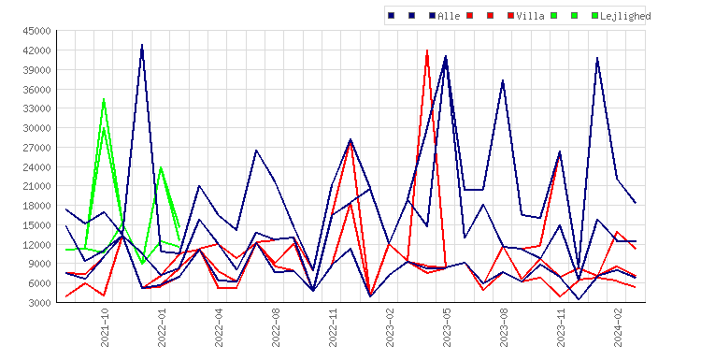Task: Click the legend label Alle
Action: click(449, 16)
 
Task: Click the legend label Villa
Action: click(530, 16)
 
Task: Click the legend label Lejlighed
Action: click(625, 17)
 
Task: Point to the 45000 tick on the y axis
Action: click(37, 31)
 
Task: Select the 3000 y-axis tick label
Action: click(40, 303)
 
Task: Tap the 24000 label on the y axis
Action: click(37, 166)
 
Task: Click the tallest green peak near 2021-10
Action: click(104, 99)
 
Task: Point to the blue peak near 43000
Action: click(142, 45)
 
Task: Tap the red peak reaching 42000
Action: click(427, 50)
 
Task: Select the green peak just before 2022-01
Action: click(161, 167)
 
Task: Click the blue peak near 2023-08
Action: click(503, 80)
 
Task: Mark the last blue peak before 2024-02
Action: click(597, 58)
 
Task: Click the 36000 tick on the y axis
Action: click(37, 89)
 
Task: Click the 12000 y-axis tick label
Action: click(37, 245)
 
